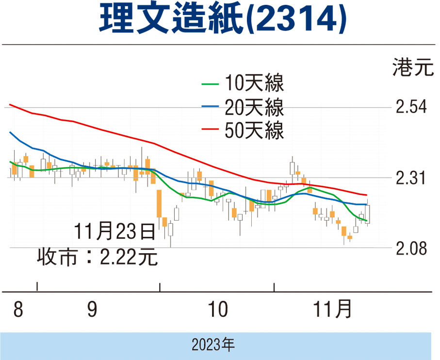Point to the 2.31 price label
pos(411,178)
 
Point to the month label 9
pos(92,310)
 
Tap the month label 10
pos(217,310)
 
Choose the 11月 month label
pos(332,310)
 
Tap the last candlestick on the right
pos(368,213)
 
